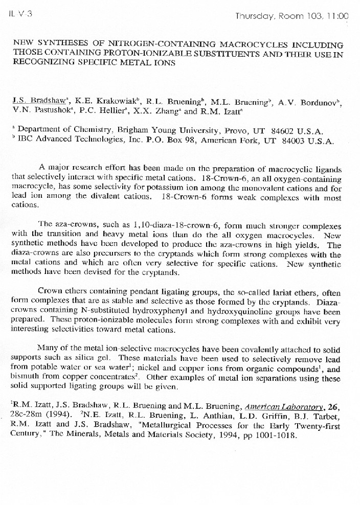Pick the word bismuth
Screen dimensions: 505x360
(x=24, y=377)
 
